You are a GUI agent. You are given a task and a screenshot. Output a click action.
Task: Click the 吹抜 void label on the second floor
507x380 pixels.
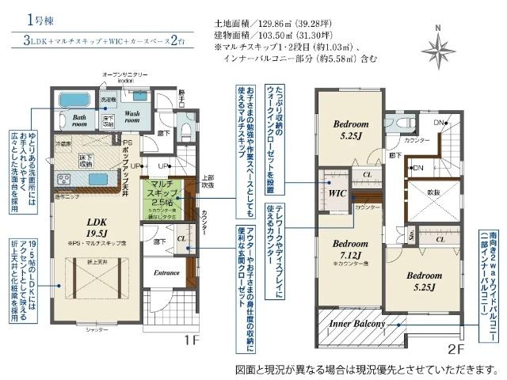[x=433, y=192]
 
